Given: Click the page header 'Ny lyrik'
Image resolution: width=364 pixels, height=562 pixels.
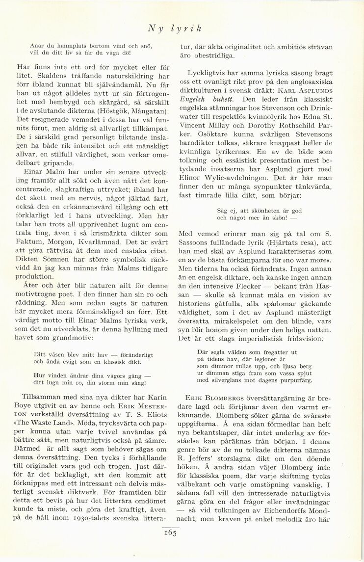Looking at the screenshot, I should pos(175,29).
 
